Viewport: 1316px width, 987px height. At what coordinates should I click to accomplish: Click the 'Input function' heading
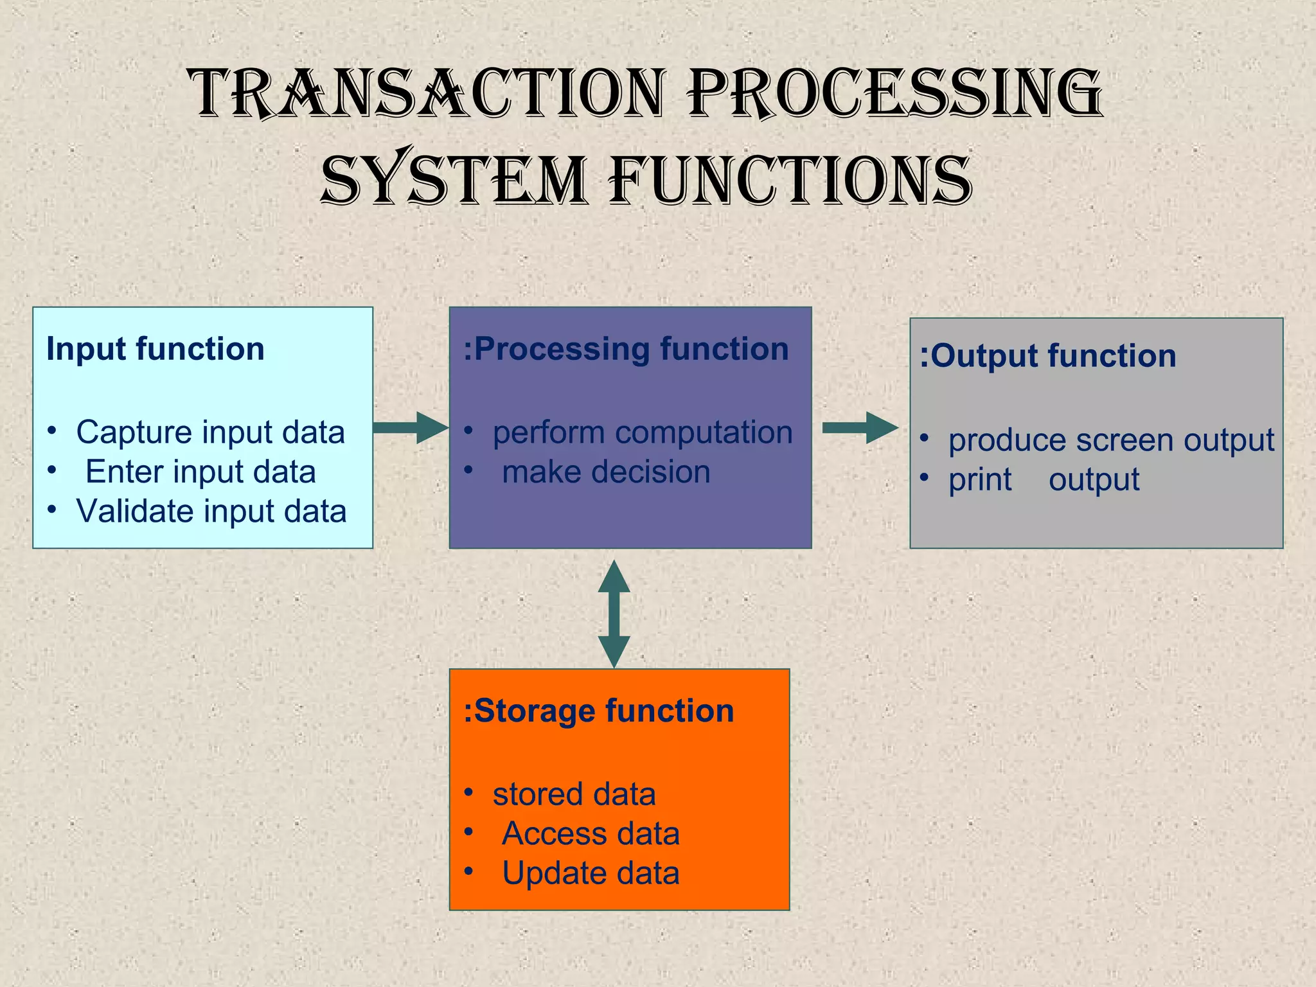tap(156, 349)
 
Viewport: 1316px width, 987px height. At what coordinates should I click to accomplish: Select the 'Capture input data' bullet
tap(210, 432)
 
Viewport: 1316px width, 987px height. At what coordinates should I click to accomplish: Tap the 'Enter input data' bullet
tap(200, 472)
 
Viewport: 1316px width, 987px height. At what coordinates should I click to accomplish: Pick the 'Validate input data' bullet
tap(211, 511)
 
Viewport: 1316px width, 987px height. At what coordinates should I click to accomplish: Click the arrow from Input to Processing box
tap(410, 428)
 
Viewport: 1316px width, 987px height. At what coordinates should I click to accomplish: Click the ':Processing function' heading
tap(626, 349)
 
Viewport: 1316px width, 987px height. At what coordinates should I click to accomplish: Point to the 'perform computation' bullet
tap(642, 432)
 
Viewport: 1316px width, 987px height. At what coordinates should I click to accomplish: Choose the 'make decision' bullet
tap(606, 472)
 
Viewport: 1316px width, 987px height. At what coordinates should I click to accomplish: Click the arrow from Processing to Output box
tap(860, 428)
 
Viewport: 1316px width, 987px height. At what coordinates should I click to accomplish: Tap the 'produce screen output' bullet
tap(1111, 440)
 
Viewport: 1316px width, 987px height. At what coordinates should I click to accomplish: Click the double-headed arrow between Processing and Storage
tap(614, 614)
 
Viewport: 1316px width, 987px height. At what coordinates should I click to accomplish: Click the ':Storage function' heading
tap(598, 711)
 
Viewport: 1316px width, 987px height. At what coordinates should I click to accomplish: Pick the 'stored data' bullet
tap(574, 794)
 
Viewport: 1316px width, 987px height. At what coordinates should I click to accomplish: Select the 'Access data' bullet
tap(591, 834)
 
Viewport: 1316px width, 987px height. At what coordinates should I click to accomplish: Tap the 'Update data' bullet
tap(591, 873)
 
